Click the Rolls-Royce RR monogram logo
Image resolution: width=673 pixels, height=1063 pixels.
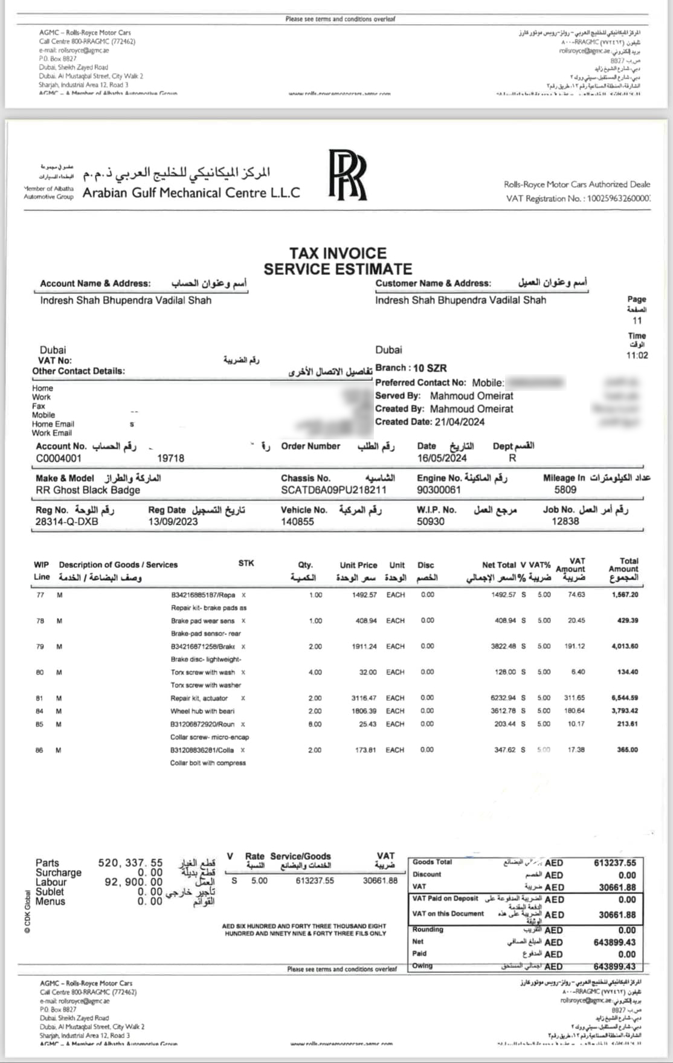tap(347, 175)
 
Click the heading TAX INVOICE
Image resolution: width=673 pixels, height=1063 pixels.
tap(338, 253)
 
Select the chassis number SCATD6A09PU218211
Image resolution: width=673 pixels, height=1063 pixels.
tap(333, 490)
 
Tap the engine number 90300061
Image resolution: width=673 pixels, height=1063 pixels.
tap(439, 490)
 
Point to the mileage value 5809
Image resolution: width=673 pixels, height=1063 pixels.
tap(565, 490)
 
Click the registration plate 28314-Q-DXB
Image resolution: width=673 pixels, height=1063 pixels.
tap(66, 522)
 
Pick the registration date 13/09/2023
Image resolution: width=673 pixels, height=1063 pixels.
tap(173, 522)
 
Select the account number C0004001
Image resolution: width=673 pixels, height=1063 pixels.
tap(59, 459)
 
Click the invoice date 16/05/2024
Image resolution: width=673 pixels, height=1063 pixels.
tap(442, 458)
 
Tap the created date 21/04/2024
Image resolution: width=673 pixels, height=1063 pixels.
tap(460, 422)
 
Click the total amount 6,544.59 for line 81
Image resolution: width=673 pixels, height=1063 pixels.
tap(625, 698)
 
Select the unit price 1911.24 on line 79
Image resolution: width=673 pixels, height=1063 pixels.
tap(364, 647)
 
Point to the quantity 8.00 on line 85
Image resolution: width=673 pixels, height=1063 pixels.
tap(315, 724)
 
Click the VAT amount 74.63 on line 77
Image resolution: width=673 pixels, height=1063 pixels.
tap(576, 595)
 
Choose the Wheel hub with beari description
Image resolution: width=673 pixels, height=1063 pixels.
tap(202, 711)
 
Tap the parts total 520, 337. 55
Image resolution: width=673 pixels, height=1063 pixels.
tap(130, 863)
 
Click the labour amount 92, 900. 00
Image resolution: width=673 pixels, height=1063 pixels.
tap(134, 882)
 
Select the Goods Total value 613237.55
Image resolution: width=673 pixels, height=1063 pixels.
tap(615, 863)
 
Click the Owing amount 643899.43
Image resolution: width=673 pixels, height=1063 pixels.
tap(615, 966)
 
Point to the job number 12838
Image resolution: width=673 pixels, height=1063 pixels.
tap(565, 522)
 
